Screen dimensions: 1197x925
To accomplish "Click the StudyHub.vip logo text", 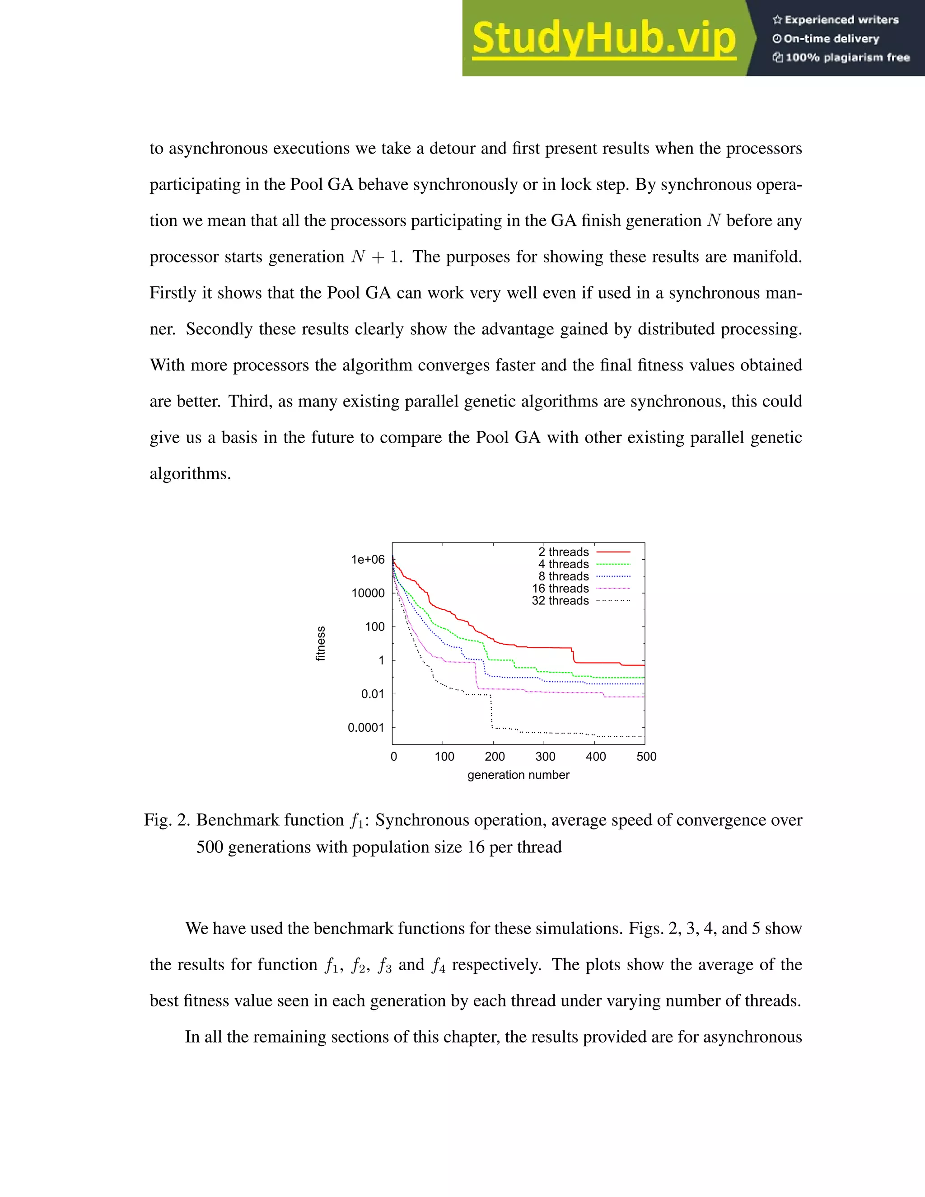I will click(603, 38).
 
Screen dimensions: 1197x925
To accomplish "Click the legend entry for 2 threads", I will click(563, 552).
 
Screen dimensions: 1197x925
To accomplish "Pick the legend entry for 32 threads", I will click(560, 601).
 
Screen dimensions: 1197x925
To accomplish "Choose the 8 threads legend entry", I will click(563, 576).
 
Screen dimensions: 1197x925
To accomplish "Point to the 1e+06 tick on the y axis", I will click(368, 560).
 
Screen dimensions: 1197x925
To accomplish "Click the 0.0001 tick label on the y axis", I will click(365, 728).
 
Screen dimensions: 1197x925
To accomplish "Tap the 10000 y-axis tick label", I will click(368, 593).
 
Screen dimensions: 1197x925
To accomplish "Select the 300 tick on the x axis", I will click(545, 757).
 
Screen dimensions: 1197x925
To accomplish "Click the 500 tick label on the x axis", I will click(646, 757).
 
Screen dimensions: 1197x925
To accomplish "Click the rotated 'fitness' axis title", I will click(321, 643).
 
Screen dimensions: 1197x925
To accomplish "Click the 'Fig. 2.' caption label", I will click(167, 820).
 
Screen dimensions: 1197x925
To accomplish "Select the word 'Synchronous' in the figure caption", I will click(421, 820).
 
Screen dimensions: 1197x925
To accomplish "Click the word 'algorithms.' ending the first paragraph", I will click(190, 473).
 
